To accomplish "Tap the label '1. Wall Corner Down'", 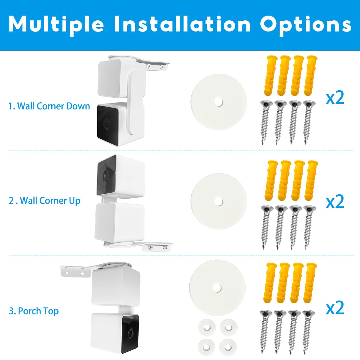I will [49, 106].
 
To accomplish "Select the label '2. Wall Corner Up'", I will [45, 200].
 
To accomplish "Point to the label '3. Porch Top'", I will [34, 311].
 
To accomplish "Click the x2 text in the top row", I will [335, 97].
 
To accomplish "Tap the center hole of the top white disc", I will [219, 102].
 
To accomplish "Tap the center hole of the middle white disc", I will [219, 201].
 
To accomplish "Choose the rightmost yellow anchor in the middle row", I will [311, 180].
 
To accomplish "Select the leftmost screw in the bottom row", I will [265, 330].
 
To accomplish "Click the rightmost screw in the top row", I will [308, 121].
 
